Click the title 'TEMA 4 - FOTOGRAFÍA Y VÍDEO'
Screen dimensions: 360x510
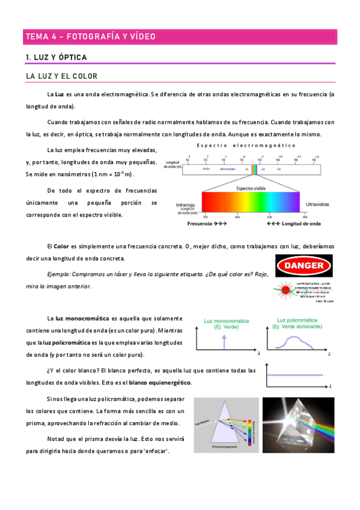91,37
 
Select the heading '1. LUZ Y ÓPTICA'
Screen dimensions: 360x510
56,57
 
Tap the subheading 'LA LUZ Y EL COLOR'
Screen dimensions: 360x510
62,76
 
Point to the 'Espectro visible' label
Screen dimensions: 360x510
251,188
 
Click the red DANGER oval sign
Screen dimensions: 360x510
304,265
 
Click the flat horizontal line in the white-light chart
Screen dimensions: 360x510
294,375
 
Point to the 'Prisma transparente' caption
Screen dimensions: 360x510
222,447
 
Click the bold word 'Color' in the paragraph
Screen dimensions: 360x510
61,247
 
